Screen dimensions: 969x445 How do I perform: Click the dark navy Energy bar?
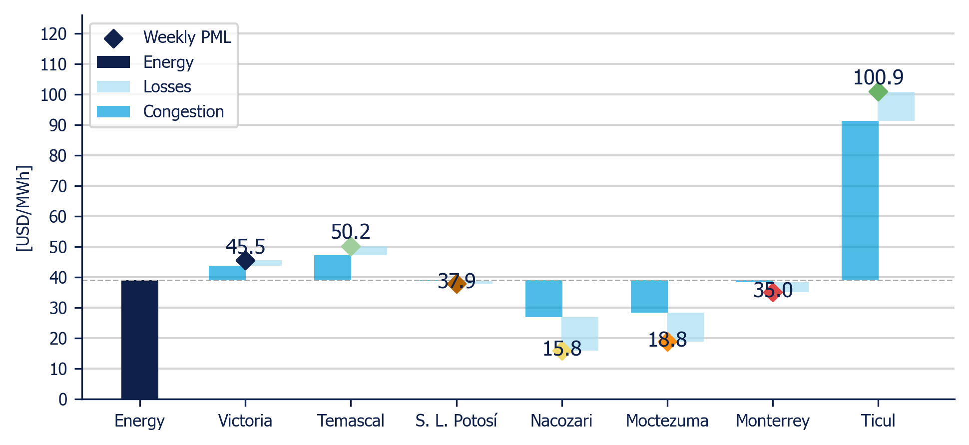coord(140,340)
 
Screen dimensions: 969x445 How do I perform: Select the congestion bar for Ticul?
coord(860,200)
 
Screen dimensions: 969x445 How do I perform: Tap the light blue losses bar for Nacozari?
coord(580,334)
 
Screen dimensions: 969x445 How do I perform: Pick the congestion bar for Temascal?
coord(333,268)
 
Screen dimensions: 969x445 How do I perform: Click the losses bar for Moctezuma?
coord(685,327)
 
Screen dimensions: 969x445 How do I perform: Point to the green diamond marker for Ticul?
coord(878,92)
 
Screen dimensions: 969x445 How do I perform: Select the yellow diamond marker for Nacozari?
coord(562,351)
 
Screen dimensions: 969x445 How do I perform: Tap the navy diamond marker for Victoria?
coord(245,260)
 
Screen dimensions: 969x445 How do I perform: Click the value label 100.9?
coord(878,77)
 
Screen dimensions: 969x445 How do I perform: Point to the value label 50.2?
coord(351,232)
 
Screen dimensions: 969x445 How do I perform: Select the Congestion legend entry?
coord(160,111)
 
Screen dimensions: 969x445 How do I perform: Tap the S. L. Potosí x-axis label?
coord(456,421)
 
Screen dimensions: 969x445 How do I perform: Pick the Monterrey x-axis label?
coord(773,421)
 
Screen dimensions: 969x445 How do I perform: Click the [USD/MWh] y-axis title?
coord(23,208)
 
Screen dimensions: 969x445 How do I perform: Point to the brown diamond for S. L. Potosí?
coord(456,284)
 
